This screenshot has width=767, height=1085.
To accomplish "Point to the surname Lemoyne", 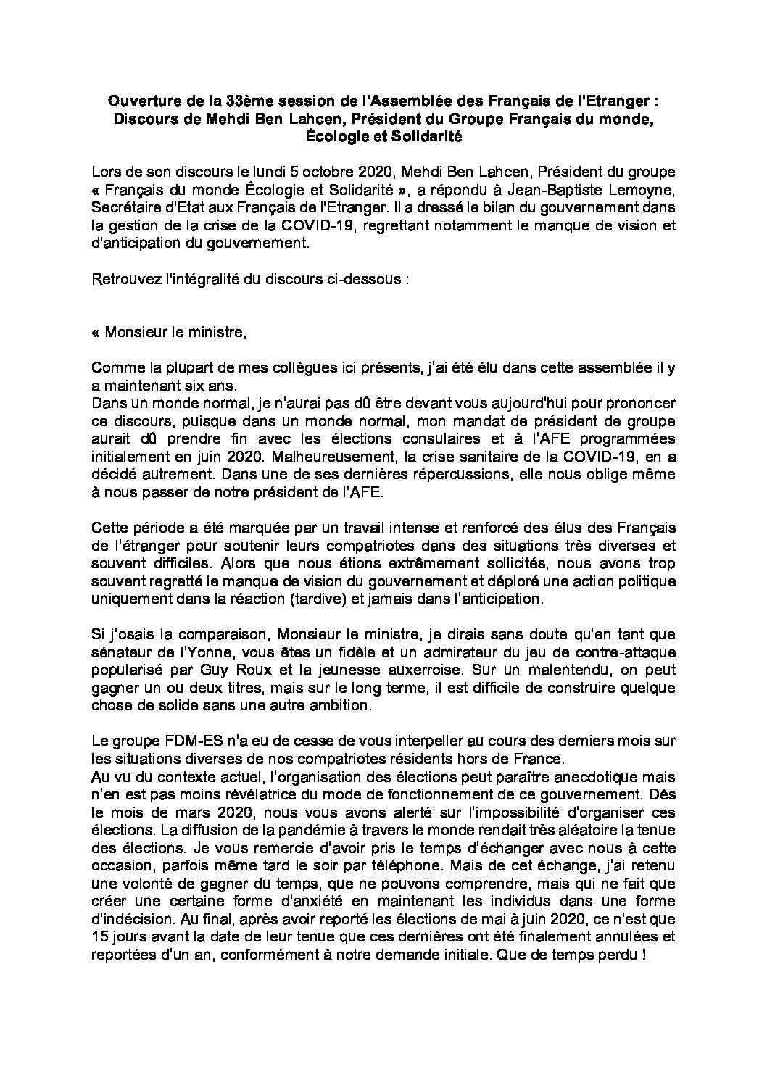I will click(648, 191).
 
